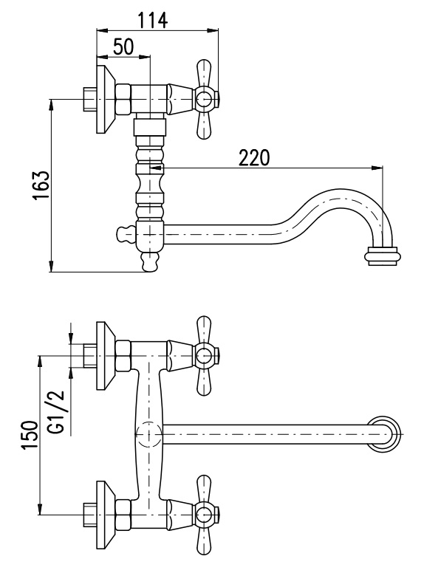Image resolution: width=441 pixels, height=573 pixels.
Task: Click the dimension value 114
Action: pyautogui.click(x=153, y=20)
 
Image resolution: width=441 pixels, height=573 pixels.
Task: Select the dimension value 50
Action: pyautogui.click(x=123, y=47)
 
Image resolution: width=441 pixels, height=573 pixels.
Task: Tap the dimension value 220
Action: pyautogui.click(x=254, y=157)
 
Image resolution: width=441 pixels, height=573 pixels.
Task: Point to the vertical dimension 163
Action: pyautogui.click(x=40, y=185)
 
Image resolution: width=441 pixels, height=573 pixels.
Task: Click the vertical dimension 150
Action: pyautogui.click(x=30, y=435)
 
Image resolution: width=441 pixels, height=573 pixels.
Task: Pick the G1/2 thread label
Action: pyautogui.click(x=56, y=412)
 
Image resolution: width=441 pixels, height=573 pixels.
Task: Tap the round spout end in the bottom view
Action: pyautogui.click(x=386, y=433)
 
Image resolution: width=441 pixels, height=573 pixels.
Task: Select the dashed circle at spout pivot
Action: pyautogui.click(x=148, y=434)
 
